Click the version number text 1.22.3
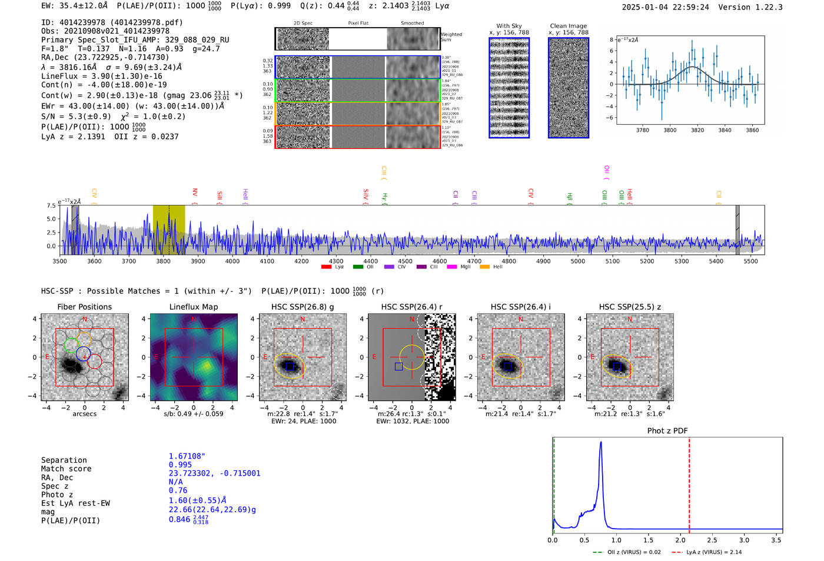[x=765, y=7]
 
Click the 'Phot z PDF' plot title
[x=667, y=430]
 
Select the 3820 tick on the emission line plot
[x=697, y=130]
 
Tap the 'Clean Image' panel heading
[x=568, y=26]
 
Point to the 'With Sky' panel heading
[x=509, y=26]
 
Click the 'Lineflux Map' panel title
[x=193, y=307]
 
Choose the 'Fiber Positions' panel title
[x=84, y=307]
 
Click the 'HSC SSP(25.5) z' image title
[x=630, y=307]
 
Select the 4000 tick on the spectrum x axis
[x=232, y=261]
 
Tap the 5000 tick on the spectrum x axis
[x=578, y=261]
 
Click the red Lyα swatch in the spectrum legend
[x=326, y=267]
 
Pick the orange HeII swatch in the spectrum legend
[x=484, y=267]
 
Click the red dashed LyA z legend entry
[x=706, y=552]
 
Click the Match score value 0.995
[x=180, y=464]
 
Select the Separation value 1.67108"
[x=187, y=456]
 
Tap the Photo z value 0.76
[x=178, y=490]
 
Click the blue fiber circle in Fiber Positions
[x=83, y=354]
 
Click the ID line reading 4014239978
[x=112, y=22]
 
